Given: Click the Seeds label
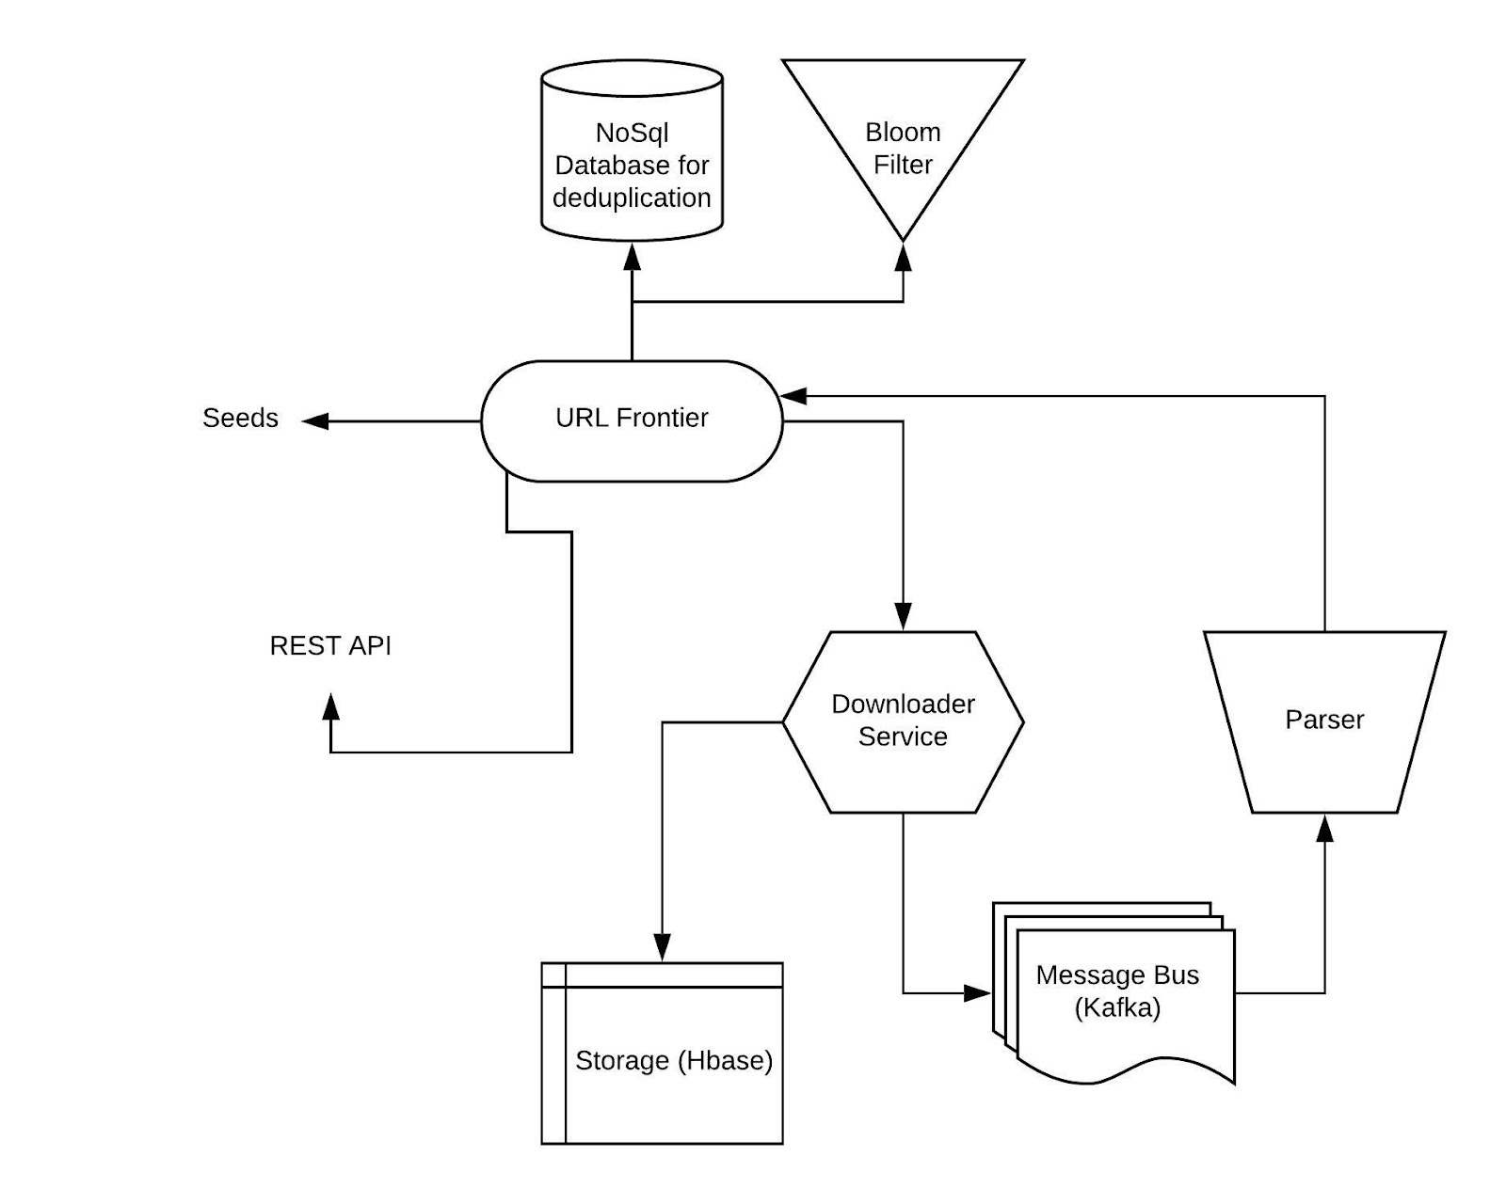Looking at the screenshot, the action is (x=240, y=418).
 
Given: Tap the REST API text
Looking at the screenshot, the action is (x=330, y=645).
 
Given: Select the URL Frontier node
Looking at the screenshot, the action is (x=632, y=421).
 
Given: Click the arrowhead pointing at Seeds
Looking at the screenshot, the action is (x=315, y=421).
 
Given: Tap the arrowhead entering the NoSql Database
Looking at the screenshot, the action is (x=632, y=257).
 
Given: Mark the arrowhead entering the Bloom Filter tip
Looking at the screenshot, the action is (x=903, y=257).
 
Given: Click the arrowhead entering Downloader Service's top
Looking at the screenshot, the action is (x=903, y=616).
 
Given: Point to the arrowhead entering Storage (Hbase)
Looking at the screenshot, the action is (x=662, y=948).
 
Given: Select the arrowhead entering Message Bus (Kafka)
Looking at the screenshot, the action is (x=978, y=992).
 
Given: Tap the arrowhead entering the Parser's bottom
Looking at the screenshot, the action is (x=1324, y=828).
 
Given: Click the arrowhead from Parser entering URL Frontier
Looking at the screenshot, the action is (x=793, y=396).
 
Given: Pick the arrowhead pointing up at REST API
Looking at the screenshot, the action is (x=330, y=706).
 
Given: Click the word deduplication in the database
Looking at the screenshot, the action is (x=632, y=198).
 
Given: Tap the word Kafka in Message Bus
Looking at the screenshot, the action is (x=1117, y=1007).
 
